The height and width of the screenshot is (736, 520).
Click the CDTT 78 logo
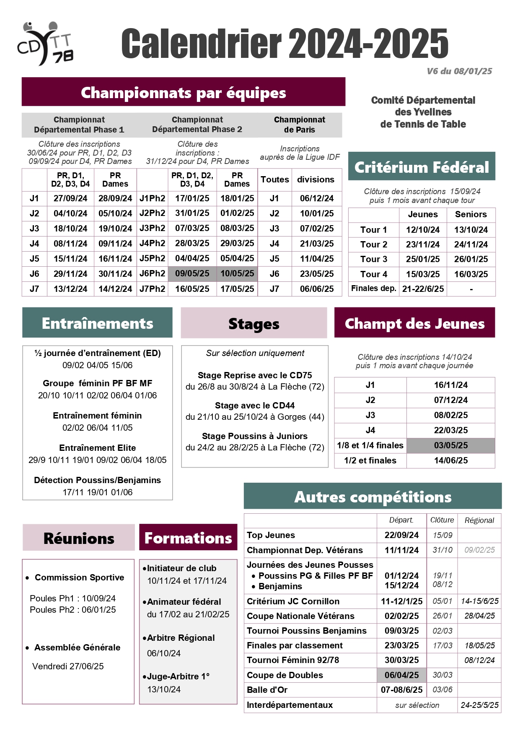[45, 44]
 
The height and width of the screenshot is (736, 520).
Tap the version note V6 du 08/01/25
[459, 71]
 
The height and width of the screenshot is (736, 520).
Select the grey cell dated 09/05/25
[192, 274]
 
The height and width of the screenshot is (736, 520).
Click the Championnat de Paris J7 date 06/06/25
[317, 289]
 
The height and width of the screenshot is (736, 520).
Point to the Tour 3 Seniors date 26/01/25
[471, 259]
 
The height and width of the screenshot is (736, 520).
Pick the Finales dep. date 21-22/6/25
[423, 289]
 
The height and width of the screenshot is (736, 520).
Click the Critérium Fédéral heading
[422, 167]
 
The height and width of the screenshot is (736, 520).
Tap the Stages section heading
[254, 323]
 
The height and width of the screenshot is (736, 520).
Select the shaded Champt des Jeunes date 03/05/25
[451, 445]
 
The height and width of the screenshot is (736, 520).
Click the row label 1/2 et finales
[370, 460]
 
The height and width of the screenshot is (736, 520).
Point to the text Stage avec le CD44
[255, 406]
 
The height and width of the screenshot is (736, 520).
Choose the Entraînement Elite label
[97, 448]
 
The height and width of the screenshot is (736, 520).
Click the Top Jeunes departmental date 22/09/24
[401, 535]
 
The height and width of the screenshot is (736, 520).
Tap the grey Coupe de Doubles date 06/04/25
[401, 675]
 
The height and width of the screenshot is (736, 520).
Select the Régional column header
[479, 520]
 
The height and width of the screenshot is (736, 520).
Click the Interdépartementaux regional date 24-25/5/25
[479, 705]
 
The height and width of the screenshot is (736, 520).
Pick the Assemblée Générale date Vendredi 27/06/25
[68, 666]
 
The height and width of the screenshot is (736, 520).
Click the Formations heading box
[188, 538]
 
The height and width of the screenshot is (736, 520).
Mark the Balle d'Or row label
[267, 690]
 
